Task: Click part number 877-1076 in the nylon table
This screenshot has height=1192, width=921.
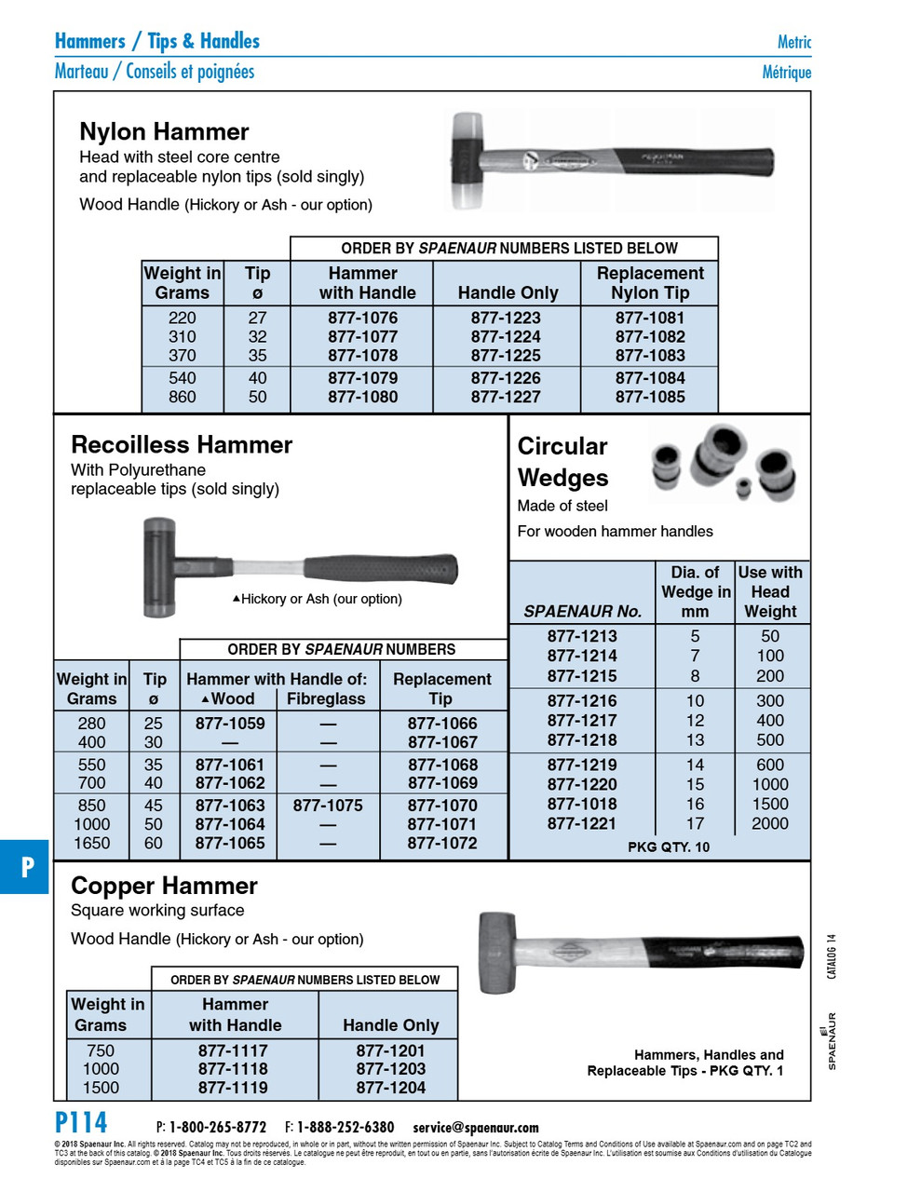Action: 362,318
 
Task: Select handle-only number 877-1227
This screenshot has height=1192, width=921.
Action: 505,397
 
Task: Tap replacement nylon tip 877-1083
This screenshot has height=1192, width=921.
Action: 649,356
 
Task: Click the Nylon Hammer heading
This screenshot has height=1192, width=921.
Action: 164,131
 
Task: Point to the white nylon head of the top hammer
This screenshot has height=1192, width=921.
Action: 471,130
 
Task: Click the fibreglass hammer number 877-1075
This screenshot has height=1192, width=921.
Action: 328,806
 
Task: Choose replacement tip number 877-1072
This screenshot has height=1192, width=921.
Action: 442,844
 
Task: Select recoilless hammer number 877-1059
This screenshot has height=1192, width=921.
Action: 230,724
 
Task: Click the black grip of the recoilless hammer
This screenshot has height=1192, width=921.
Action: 382,568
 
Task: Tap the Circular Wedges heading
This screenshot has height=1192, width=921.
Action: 562,462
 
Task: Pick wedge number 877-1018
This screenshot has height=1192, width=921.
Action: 582,804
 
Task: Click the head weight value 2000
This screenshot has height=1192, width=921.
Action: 770,824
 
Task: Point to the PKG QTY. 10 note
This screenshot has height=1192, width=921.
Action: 669,847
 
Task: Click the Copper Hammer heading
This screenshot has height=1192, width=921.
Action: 164,886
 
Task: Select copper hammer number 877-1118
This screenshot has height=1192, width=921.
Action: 233,1069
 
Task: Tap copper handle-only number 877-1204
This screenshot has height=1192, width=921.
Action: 390,1088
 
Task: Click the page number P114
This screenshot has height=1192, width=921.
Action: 81,1123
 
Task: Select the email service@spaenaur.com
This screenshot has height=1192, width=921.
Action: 476,1128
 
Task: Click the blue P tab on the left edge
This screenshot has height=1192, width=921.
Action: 26,867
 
